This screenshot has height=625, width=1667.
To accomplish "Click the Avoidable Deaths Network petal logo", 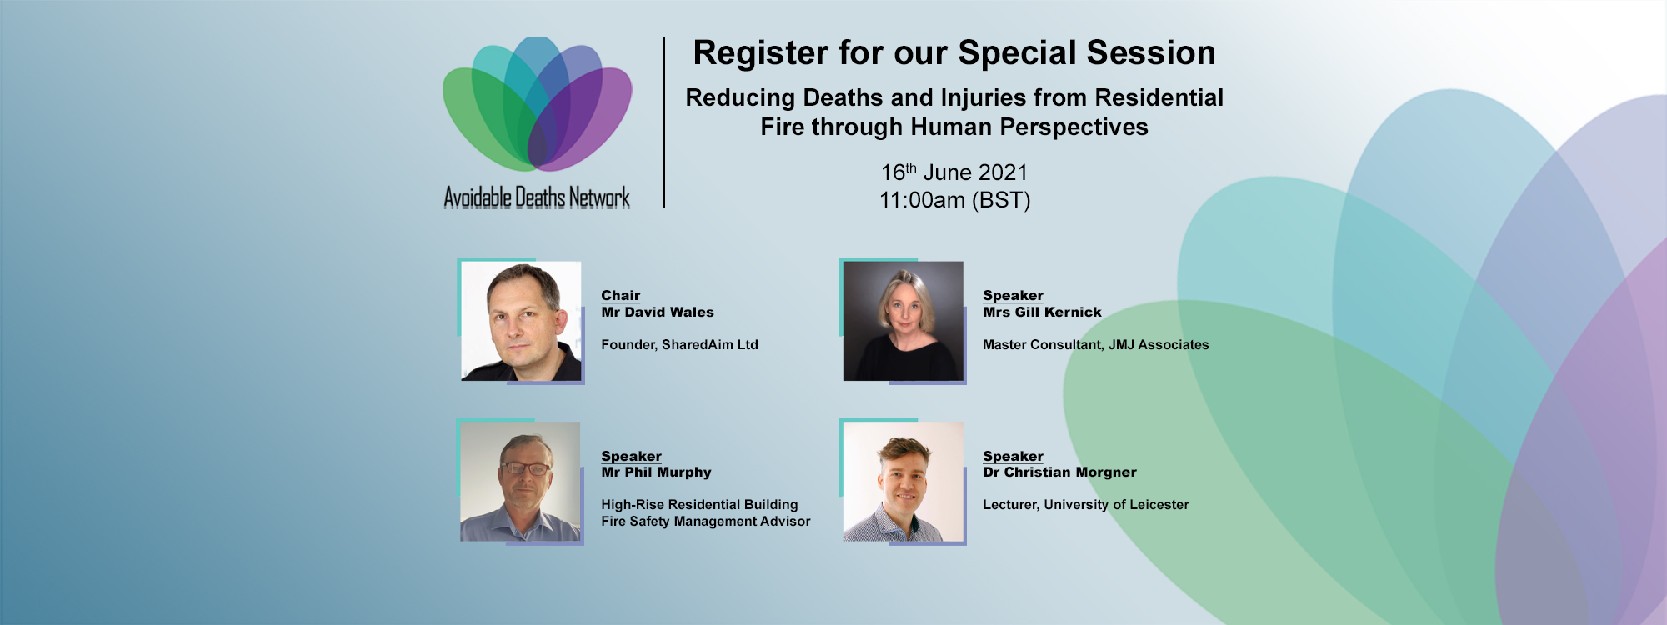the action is click(x=538, y=103).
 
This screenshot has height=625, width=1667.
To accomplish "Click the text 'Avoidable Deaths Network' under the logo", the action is click(x=537, y=197).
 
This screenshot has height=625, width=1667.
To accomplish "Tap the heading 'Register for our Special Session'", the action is click(x=954, y=52).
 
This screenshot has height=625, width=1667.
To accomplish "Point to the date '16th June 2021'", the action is click(x=954, y=172).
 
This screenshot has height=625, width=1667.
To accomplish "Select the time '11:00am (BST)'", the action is click(x=955, y=200).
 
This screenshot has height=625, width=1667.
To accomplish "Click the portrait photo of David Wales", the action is click(x=521, y=321).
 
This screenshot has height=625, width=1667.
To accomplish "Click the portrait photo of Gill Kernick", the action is click(x=903, y=321).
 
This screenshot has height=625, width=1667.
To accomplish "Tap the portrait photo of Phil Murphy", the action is click(x=520, y=482).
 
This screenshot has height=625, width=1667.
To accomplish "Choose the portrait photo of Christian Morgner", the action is click(x=903, y=482).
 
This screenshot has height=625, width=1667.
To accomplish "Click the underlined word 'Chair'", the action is click(x=621, y=295).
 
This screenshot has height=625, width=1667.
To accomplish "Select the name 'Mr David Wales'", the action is click(x=658, y=312).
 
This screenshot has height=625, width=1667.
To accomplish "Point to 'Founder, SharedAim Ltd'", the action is click(x=679, y=344).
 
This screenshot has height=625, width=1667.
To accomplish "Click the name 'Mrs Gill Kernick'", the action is click(x=1042, y=312).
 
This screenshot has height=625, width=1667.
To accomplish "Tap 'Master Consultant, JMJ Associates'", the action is click(x=1095, y=344).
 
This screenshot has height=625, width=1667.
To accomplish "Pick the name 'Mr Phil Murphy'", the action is click(x=656, y=472).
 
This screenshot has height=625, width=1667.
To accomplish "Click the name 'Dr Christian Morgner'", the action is click(x=1059, y=472).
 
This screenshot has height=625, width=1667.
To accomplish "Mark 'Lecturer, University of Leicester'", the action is click(x=1085, y=504).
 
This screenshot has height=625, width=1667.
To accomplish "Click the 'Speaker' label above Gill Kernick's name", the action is click(x=1013, y=295).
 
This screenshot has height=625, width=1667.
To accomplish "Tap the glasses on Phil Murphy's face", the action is click(x=525, y=468).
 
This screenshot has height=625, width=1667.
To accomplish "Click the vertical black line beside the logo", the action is click(x=663, y=122).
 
